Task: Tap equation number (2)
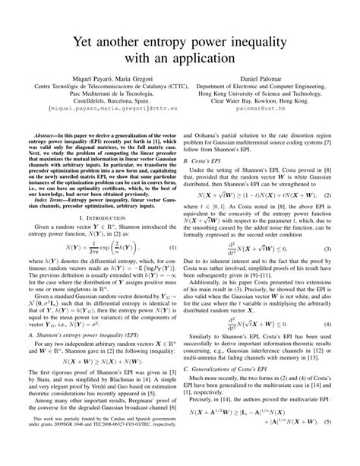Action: coord(336,195)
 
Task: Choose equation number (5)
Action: coord(336,442)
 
